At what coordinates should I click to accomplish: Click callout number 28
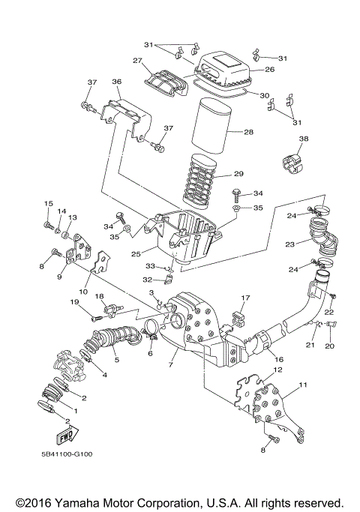pos(248,133)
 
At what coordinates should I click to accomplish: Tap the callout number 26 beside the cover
pos(269,70)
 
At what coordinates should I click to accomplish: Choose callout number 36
pos(116,82)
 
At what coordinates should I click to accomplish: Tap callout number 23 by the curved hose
pos(289,244)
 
